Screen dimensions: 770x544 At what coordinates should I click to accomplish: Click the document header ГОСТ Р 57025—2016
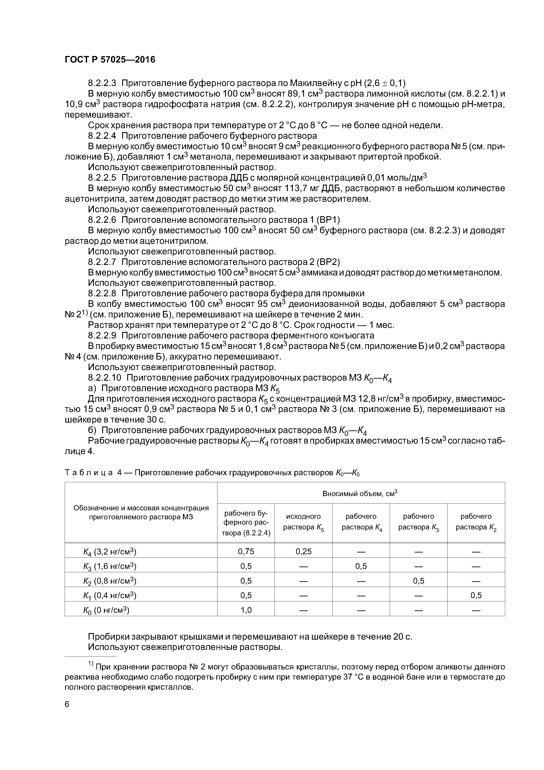[x=110, y=60]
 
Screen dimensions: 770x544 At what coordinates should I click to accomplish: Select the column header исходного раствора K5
[x=303, y=522]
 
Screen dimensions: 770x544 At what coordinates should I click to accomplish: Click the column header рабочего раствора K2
[x=476, y=522]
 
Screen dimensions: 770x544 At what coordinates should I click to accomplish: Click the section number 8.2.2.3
[x=102, y=83]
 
